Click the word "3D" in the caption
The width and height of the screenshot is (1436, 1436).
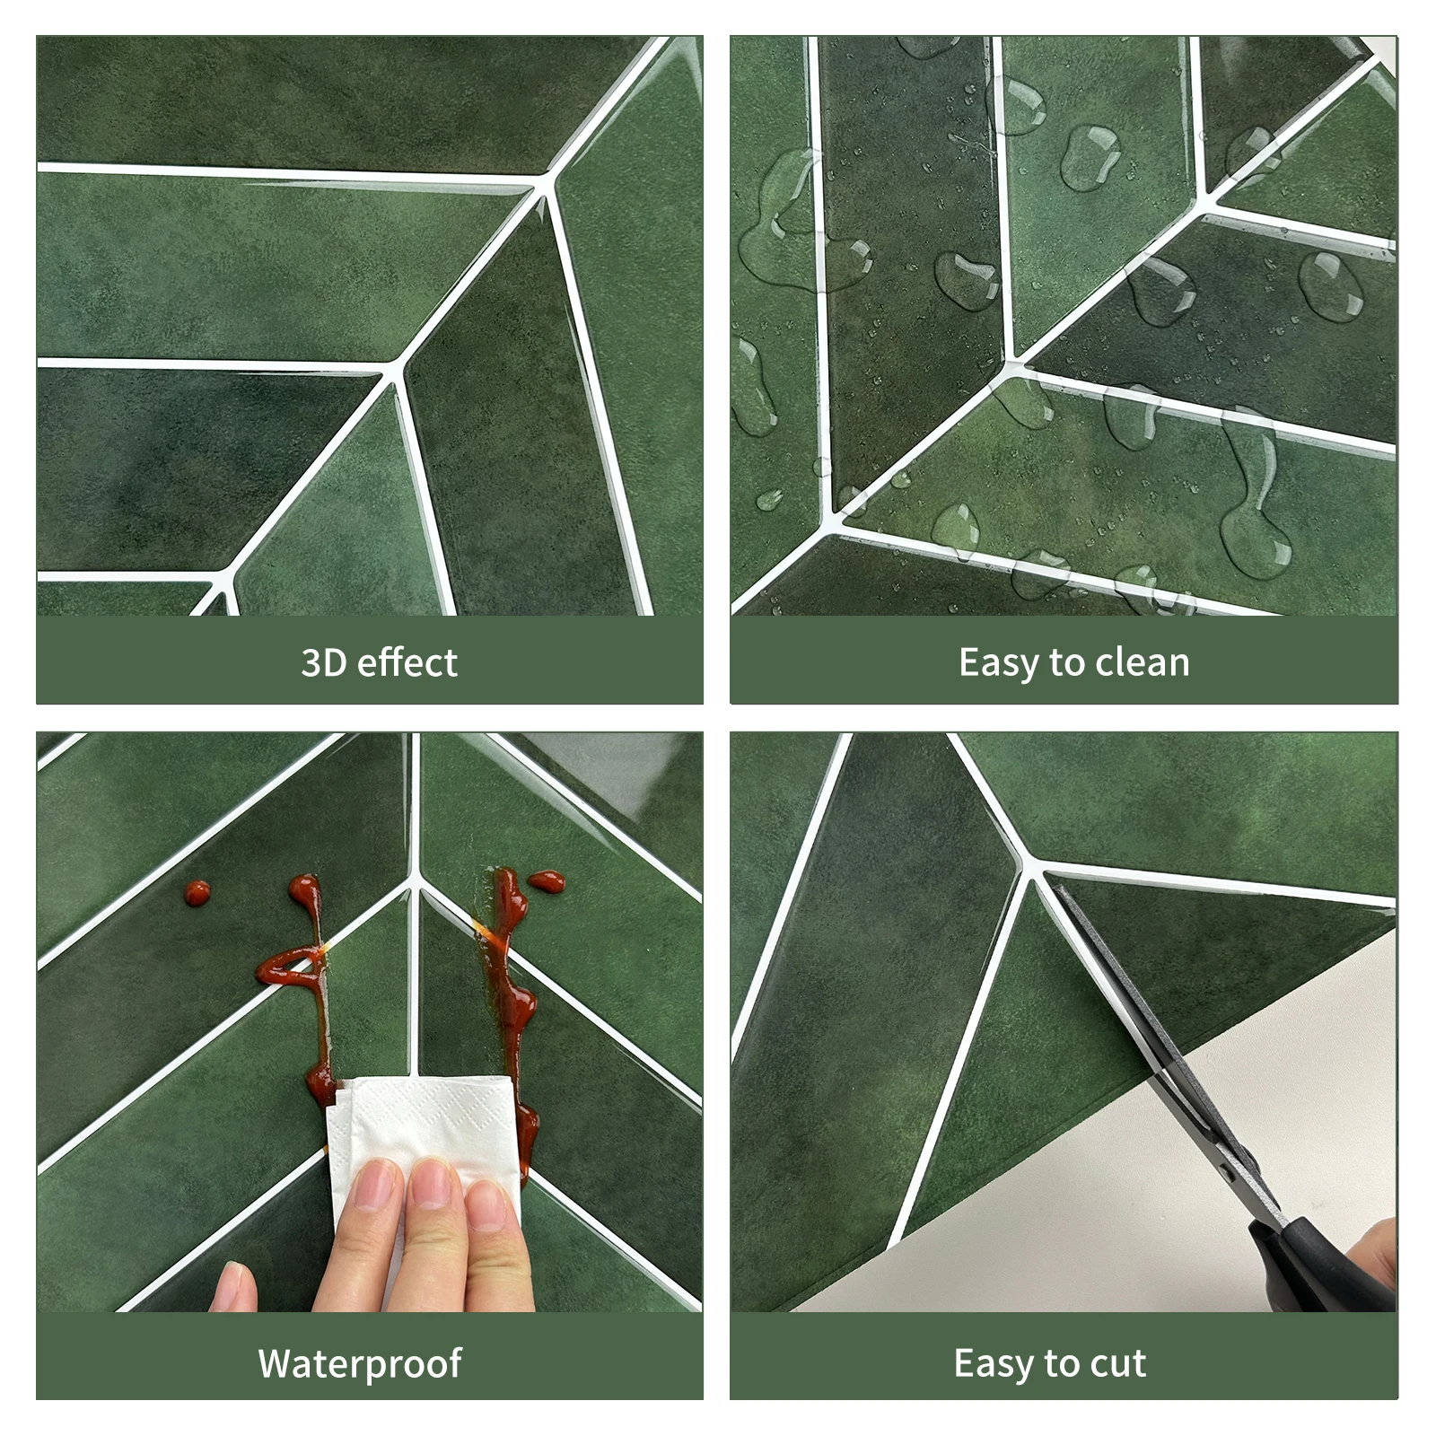(x=323, y=662)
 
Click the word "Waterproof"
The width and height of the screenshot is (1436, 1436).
(x=359, y=1362)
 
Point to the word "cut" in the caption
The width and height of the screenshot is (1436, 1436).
(x=1117, y=1362)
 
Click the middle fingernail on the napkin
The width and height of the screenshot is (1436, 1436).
(x=433, y=1185)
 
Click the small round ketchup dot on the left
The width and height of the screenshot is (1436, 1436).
(x=197, y=892)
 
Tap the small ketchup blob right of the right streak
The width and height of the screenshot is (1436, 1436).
(x=547, y=881)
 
